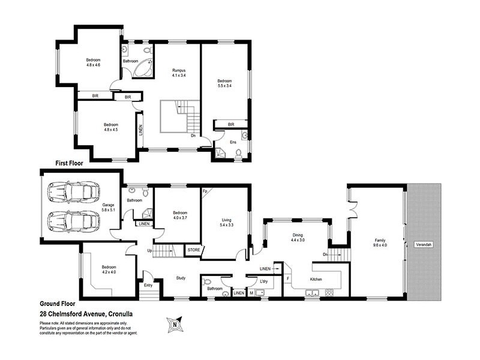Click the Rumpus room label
[178, 73]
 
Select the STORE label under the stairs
[193, 249]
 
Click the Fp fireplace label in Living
[206, 191]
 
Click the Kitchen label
[317, 280]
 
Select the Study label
[181, 278]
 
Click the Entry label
[146, 286]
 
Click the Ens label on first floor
[233, 142]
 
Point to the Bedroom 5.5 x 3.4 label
[224, 83]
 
